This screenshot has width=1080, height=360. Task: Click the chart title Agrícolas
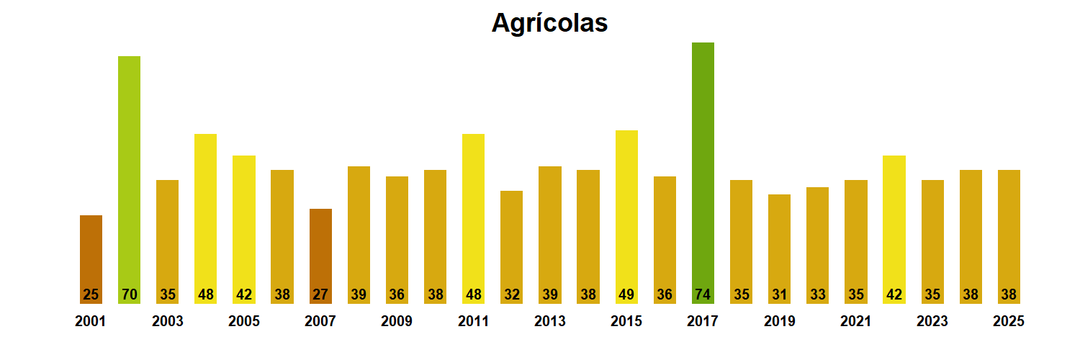click(x=549, y=23)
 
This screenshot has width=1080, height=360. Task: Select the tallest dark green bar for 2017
click(x=703, y=173)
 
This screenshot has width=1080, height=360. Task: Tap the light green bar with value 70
click(x=129, y=180)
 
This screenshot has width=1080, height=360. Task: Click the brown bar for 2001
click(x=91, y=259)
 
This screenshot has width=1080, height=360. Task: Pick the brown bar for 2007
click(x=320, y=256)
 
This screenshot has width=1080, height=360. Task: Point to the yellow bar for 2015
click(x=626, y=216)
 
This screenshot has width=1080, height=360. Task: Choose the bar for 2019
click(x=779, y=248)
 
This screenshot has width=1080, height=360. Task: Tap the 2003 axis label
click(x=167, y=321)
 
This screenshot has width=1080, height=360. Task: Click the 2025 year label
click(x=1008, y=321)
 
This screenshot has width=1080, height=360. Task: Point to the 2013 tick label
click(x=549, y=321)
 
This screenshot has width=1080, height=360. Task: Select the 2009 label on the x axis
click(x=397, y=321)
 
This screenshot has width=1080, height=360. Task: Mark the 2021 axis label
click(x=855, y=321)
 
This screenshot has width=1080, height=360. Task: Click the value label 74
click(x=703, y=294)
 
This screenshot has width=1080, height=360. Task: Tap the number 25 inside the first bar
click(x=91, y=294)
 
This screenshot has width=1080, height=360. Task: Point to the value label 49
click(x=626, y=294)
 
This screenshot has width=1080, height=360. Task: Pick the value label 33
click(x=817, y=294)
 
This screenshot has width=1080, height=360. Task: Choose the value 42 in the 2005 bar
click(x=244, y=294)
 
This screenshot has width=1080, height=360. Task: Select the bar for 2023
click(x=932, y=241)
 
